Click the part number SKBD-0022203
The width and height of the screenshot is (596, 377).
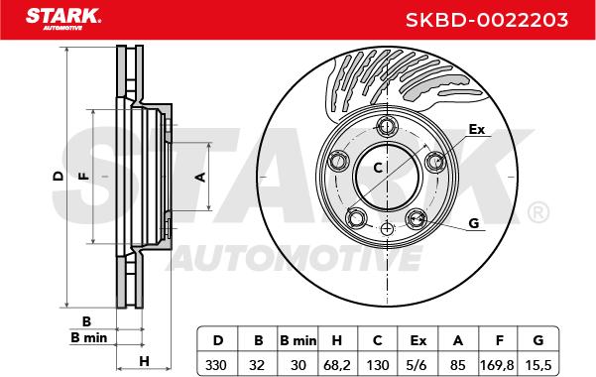click(x=487, y=20)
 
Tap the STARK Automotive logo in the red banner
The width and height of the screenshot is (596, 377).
click(x=63, y=19)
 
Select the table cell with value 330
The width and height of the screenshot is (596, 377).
click(x=216, y=365)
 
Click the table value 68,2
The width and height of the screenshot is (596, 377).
click(x=337, y=365)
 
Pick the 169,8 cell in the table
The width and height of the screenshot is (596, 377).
click(x=498, y=365)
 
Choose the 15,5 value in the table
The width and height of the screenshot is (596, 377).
click(x=537, y=365)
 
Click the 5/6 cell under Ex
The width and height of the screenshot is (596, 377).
click(x=417, y=365)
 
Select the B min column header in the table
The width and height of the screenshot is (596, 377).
click(x=298, y=340)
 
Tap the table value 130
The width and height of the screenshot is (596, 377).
click(x=378, y=365)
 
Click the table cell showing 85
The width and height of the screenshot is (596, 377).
click(x=457, y=365)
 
